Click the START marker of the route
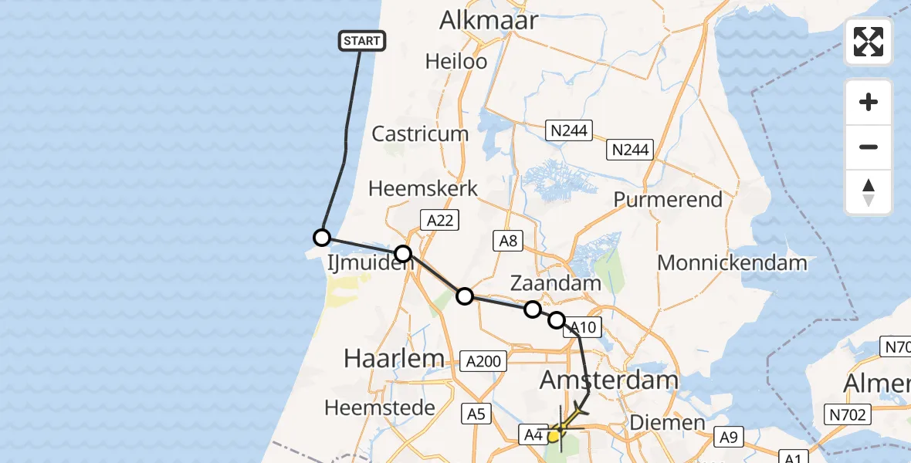click(x=362, y=41)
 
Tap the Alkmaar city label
click(x=488, y=20)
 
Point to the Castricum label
click(x=420, y=133)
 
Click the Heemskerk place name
click(x=423, y=188)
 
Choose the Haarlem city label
click(x=394, y=358)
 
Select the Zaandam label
click(x=556, y=283)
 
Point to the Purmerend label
click(x=668, y=199)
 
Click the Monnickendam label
click(x=732, y=262)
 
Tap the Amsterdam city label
click(x=608, y=380)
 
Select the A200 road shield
click(x=483, y=360)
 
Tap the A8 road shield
click(x=508, y=241)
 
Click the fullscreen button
click(x=869, y=42)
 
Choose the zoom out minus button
click(x=869, y=147)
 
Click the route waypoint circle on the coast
click(x=322, y=238)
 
